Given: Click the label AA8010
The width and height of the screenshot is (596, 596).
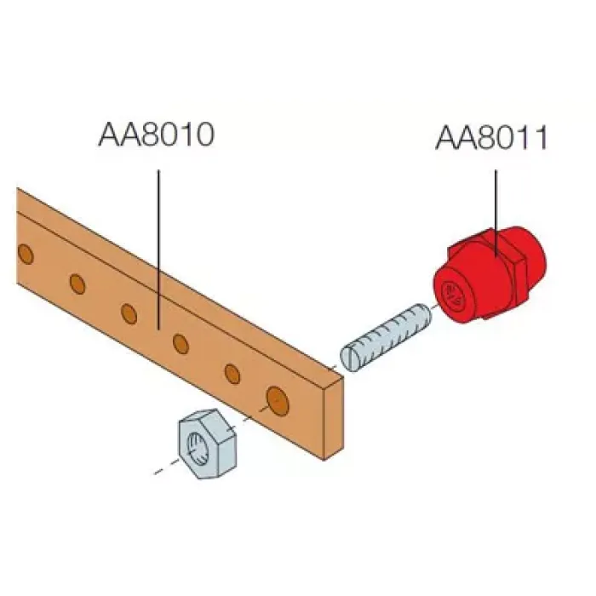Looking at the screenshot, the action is click(157, 135).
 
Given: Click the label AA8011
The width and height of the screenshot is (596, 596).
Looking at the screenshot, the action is click(492, 137).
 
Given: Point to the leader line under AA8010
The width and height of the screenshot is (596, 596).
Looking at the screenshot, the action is click(158, 249).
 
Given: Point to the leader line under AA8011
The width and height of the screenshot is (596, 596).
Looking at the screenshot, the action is click(496, 212).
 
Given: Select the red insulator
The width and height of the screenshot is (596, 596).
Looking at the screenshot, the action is click(490, 274).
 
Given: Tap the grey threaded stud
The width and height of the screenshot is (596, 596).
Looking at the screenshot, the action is click(386, 338).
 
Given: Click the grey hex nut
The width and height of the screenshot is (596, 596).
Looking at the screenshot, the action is click(207, 444).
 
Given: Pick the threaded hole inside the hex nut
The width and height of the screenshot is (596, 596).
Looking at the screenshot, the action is click(197, 449).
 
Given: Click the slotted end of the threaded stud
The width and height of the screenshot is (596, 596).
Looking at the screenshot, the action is click(349, 359).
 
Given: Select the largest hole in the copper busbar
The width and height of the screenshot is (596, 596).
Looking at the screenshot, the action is click(278, 400).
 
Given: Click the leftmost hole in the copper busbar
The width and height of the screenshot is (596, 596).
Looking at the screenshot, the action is click(26, 255).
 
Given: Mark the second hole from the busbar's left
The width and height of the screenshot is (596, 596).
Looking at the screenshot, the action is click(77, 284).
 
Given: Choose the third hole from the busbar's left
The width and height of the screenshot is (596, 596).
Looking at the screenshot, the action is click(129, 313).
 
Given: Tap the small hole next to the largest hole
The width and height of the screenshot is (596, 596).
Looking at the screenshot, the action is click(232, 374).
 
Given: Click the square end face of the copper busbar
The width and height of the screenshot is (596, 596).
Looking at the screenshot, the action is click(334, 419).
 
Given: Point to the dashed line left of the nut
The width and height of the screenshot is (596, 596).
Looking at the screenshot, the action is click(166, 467).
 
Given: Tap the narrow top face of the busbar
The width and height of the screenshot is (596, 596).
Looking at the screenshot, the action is click(179, 281).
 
